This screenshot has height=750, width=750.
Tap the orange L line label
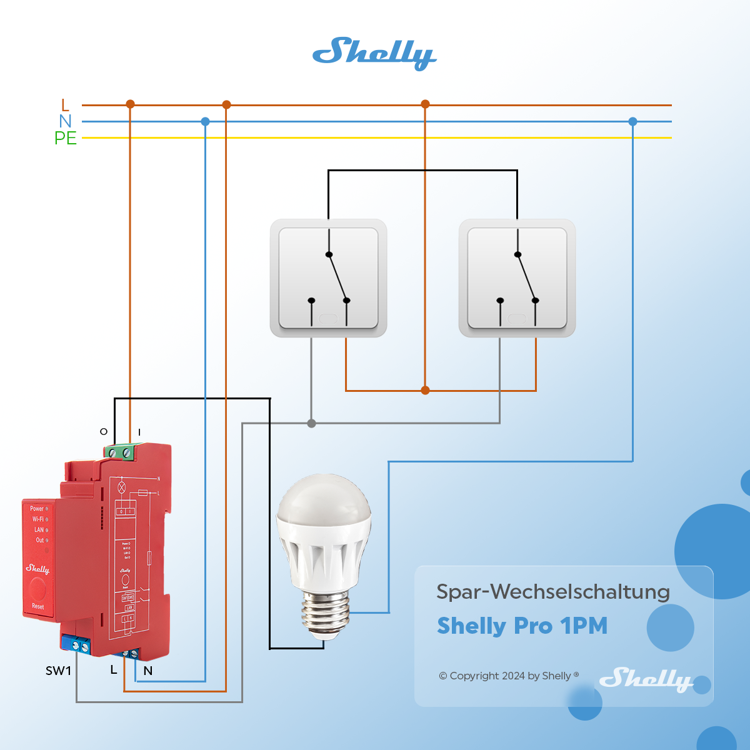click(x=65, y=105)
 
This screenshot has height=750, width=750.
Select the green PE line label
click(x=65, y=138)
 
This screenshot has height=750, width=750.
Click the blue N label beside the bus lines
click(x=65, y=121)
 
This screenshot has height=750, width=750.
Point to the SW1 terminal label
click(x=58, y=671)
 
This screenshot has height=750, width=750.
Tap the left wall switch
click(x=328, y=278)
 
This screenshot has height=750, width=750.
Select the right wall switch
click(x=517, y=278)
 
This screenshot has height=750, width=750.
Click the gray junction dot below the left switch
click(x=312, y=423)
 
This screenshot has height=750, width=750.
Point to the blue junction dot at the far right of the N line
click(x=632, y=122)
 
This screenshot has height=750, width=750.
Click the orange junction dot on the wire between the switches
click(x=425, y=391)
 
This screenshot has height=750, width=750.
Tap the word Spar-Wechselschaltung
click(x=552, y=591)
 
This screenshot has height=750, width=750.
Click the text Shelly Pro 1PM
click(x=522, y=626)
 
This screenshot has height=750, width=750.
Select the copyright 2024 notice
click(x=508, y=676)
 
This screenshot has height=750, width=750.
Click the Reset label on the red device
click(x=38, y=606)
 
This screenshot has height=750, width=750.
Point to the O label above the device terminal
click(x=104, y=431)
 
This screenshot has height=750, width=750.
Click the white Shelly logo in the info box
click(x=646, y=679)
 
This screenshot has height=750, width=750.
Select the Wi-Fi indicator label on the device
click(x=38, y=519)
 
